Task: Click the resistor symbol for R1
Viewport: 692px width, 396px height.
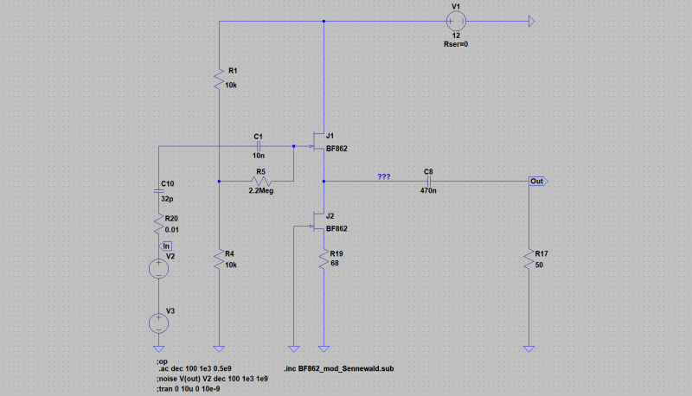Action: pos(220,80)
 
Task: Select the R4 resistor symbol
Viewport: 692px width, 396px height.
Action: pos(220,259)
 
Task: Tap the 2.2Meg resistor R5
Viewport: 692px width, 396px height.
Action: pos(261,181)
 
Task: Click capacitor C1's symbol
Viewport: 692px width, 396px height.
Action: pos(259,146)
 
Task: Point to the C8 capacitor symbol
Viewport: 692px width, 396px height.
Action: pos(428,181)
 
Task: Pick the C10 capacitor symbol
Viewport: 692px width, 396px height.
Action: pos(159,191)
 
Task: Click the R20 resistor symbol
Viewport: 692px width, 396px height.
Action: pos(159,224)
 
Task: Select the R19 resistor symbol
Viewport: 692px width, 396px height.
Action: pos(324,259)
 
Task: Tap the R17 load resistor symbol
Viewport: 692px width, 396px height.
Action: pos(529,259)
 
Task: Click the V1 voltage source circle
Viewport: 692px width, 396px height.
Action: pos(456,21)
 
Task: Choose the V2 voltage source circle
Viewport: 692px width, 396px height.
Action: pos(159,269)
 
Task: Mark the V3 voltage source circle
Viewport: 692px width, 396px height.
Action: pos(159,323)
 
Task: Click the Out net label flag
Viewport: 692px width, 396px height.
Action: pos(538,182)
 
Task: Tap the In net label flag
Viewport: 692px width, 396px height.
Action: pos(165,246)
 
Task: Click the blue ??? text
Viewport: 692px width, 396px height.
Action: pos(384,176)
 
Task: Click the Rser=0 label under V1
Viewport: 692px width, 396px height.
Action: pos(456,44)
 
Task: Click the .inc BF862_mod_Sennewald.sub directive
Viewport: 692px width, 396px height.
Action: pos(339,368)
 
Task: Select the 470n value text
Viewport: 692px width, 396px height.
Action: pos(428,190)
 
